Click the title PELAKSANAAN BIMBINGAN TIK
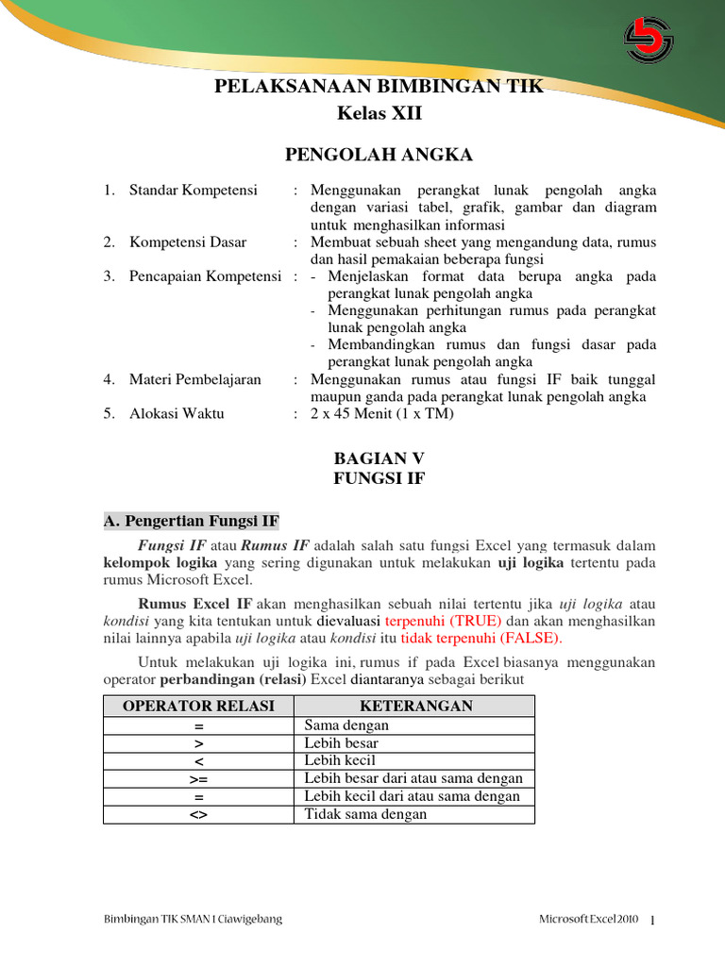click(x=379, y=89)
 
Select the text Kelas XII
click(x=379, y=113)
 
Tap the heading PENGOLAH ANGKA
click(x=379, y=155)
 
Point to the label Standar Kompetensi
click(x=193, y=191)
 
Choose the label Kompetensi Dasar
click(x=188, y=242)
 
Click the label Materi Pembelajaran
click(x=195, y=379)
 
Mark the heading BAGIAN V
click(x=379, y=458)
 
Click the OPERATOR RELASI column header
click(x=198, y=707)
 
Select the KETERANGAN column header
click(x=415, y=707)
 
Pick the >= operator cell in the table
click(x=198, y=778)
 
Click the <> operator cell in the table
click(x=198, y=814)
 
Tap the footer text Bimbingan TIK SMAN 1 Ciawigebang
click(x=192, y=919)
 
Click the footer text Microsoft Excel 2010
click(x=589, y=919)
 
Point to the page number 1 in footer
click(x=653, y=920)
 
